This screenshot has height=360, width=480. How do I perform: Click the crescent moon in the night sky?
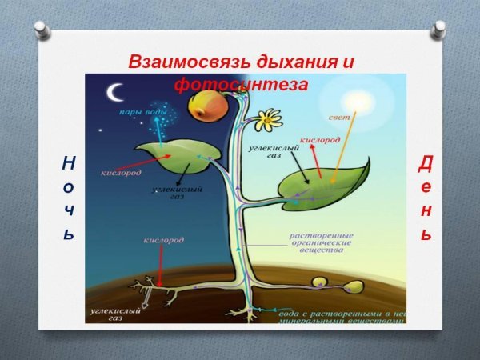[116, 93]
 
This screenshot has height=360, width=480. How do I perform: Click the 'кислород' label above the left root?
[163, 240]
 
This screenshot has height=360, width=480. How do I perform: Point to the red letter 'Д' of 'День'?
[426, 164]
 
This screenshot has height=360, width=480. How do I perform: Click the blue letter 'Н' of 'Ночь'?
[69, 163]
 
